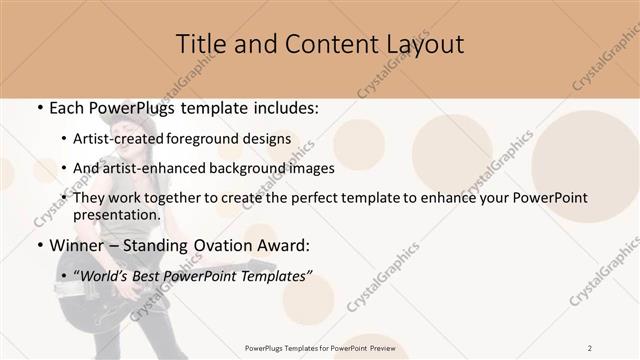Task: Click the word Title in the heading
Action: point(201,44)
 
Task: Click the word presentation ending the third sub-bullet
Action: point(116,214)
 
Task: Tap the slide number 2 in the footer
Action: point(590,347)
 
